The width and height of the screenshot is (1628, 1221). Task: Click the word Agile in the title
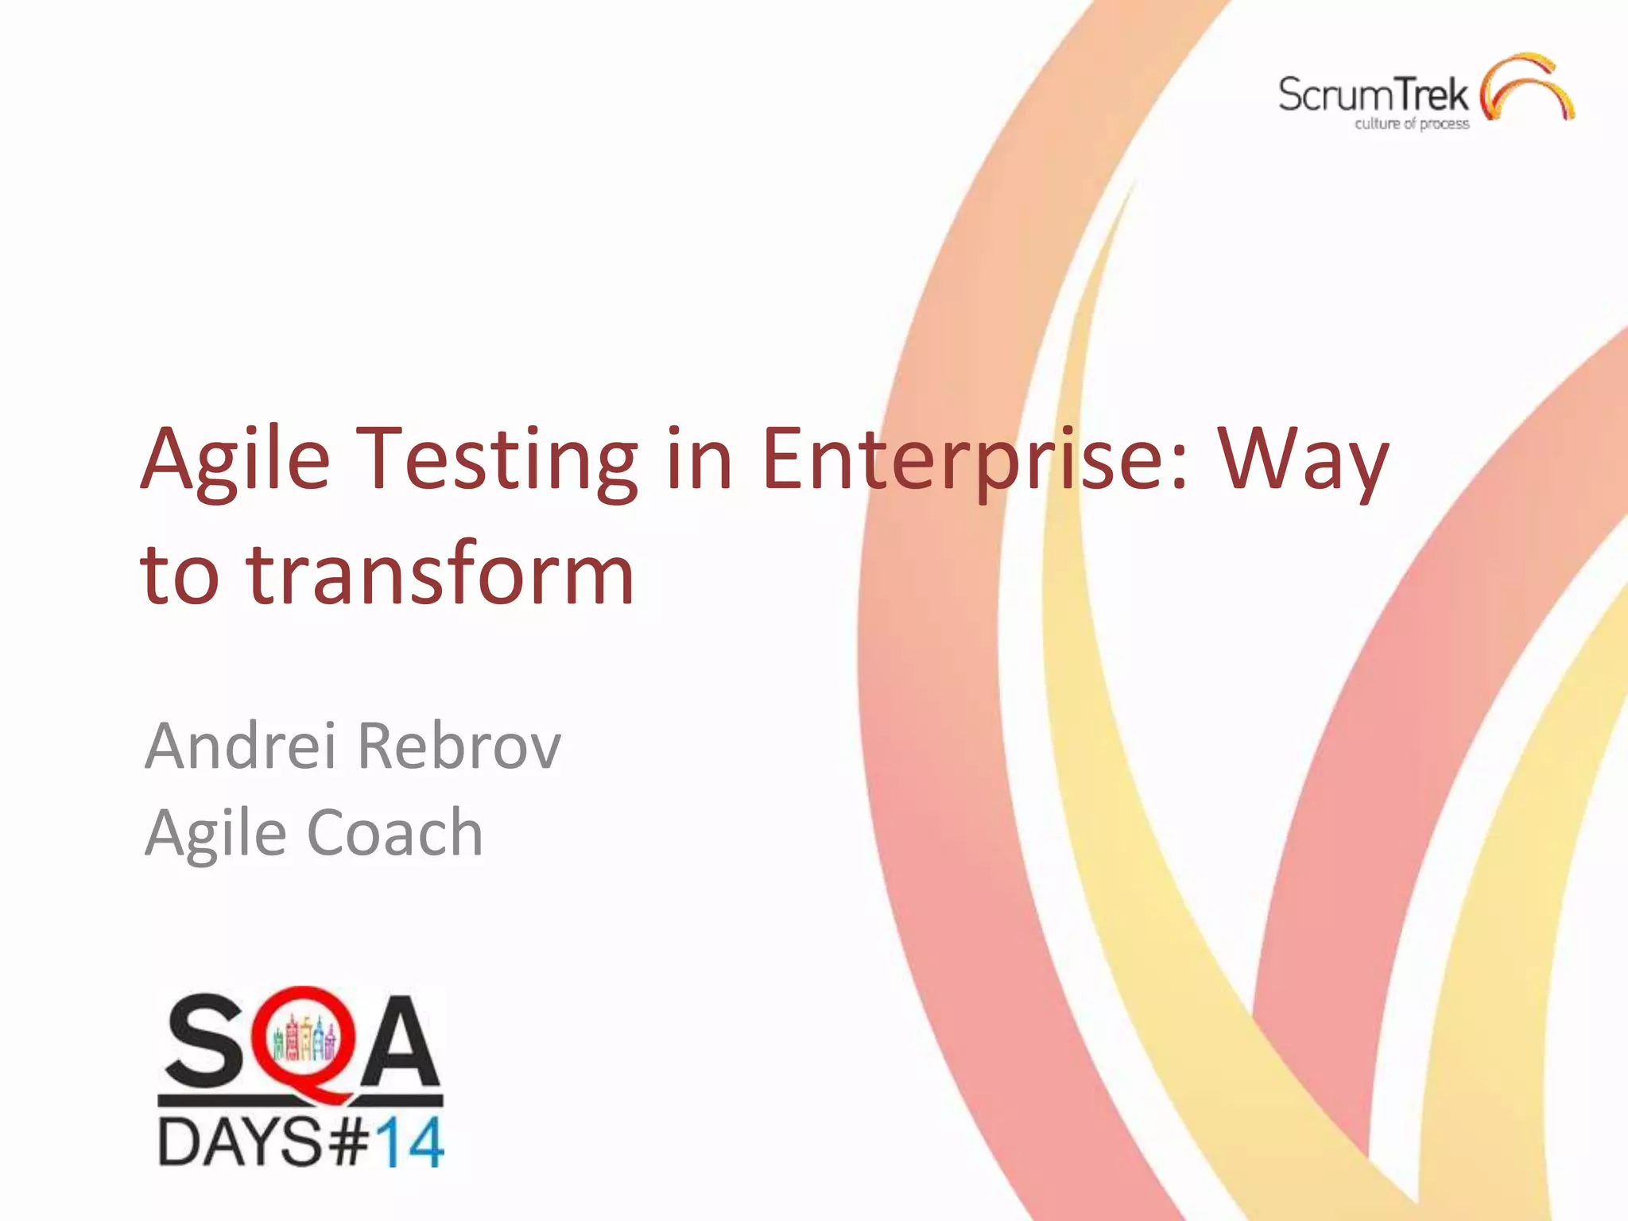(x=235, y=461)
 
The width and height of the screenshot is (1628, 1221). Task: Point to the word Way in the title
(x=1304, y=461)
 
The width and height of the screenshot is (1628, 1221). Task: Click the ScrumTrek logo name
(x=1373, y=95)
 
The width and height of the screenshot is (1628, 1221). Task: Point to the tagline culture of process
(x=1412, y=123)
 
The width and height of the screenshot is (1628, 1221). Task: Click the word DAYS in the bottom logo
(x=239, y=1142)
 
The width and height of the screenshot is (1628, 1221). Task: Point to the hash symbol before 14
(x=347, y=1143)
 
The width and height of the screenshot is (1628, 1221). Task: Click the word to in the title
(x=179, y=574)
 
